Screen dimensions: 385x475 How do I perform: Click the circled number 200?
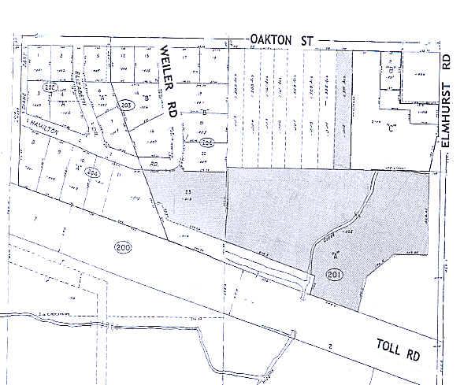click(x=122, y=246)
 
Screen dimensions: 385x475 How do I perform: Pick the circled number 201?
click(x=332, y=274)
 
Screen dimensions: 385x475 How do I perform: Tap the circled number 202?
click(x=51, y=87)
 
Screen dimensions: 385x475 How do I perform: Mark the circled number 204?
click(x=207, y=143)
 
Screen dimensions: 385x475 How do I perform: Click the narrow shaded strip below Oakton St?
click(x=342, y=110)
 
